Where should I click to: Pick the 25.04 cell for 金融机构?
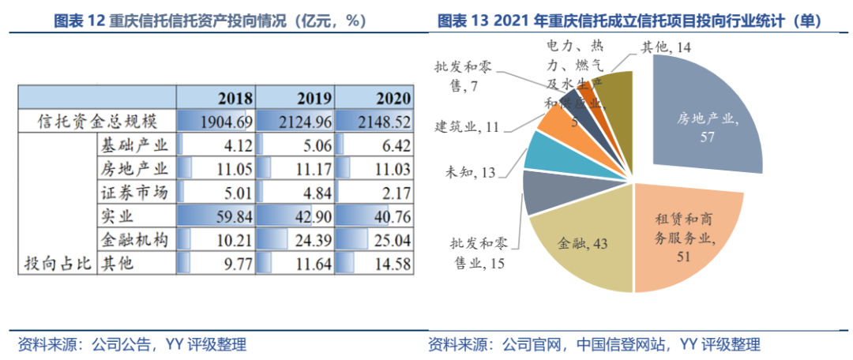point(374,239)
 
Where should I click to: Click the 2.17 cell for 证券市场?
point(374,192)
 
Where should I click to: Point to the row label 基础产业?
point(135,144)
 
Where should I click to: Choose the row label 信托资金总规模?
point(99,122)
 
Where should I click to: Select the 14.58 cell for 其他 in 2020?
point(374,263)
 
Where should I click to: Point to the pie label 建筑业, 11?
point(466,126)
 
